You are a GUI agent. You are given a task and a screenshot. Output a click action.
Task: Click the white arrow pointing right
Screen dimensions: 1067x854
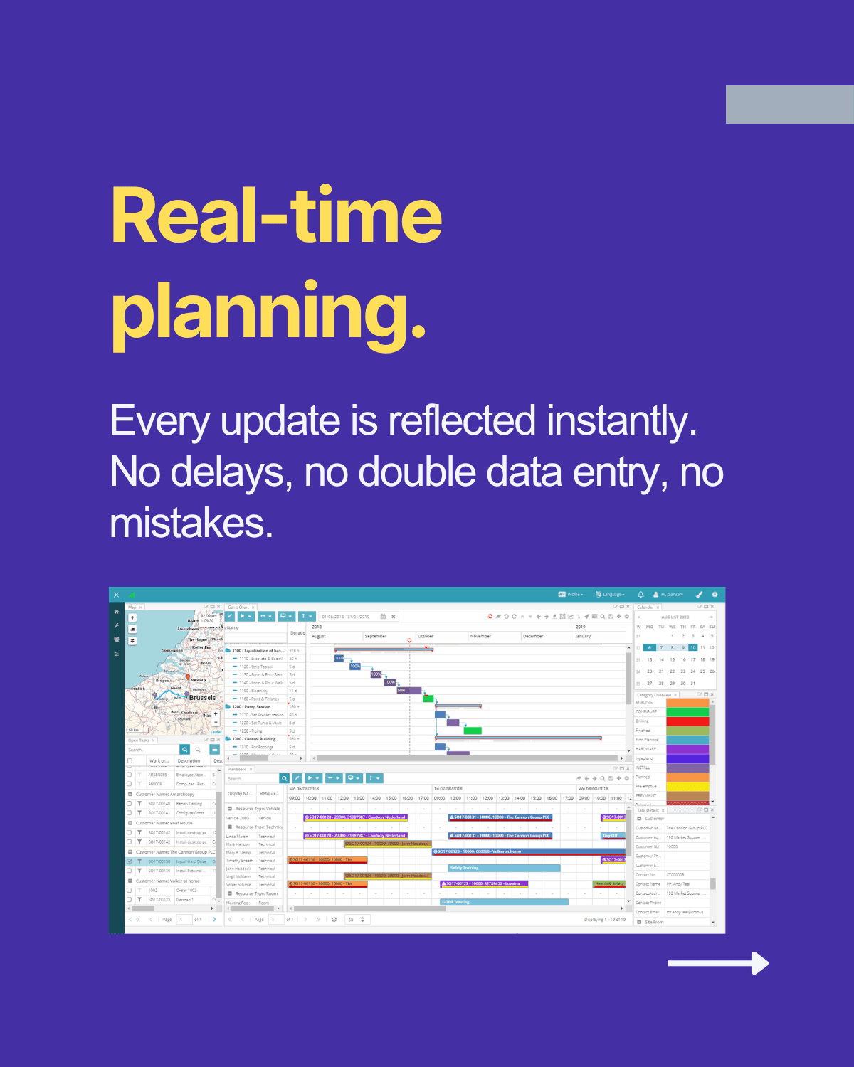coord(719,963)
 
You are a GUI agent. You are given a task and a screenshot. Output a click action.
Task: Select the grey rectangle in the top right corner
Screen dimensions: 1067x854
coord(789,105)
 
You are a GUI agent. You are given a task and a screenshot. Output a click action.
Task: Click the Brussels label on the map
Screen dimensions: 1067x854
coord(202,698)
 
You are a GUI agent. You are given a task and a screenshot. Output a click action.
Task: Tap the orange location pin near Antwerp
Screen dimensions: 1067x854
coord(188,678)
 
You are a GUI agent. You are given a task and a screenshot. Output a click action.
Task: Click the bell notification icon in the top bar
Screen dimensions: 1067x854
coord(640,594)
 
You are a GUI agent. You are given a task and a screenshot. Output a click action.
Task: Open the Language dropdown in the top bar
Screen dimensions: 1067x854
coord(611,594)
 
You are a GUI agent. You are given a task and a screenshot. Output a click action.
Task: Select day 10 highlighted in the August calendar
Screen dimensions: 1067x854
coord(692,647)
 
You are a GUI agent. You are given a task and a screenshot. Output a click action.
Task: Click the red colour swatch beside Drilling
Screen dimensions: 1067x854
coord(687,721)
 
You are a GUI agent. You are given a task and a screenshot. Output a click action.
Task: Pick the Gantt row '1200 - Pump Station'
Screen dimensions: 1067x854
coord(251,707)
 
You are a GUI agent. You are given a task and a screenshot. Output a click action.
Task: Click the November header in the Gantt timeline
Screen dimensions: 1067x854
coord(480,636)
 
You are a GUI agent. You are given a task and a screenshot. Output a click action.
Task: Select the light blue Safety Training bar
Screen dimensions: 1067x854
coord(504,868)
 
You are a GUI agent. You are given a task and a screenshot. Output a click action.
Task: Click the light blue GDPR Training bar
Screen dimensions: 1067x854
coord(504,902)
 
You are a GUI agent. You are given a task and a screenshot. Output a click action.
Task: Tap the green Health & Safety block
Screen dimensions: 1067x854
coord(609,883)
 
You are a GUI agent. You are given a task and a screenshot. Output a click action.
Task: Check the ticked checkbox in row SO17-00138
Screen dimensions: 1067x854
coord(130,861)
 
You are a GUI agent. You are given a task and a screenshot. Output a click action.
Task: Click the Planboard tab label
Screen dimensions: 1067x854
coord(237,769)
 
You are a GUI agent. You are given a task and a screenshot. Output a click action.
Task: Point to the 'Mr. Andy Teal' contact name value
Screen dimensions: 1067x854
coord(678,884)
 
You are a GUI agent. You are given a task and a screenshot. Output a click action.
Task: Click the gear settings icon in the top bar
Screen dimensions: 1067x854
coord(715,594)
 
